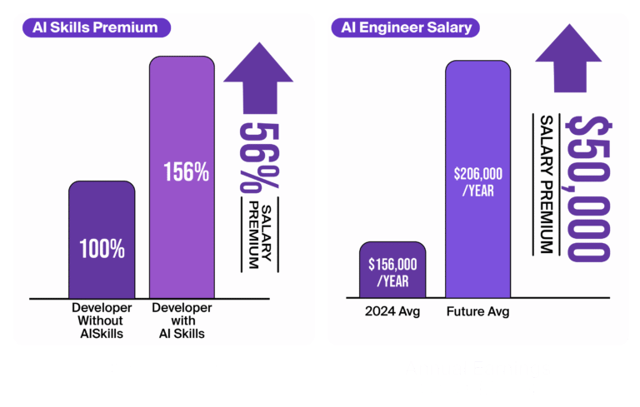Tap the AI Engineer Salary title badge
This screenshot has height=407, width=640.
click(x=406, y=27)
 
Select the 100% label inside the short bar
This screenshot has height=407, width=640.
click(x=102, y=248)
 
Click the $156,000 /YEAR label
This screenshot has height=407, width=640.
click(x=392, y=271)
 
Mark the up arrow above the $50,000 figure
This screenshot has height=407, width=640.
click(x=567, y=57)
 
